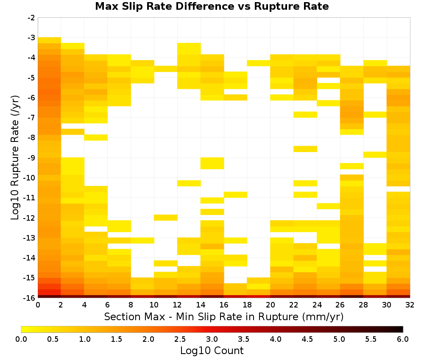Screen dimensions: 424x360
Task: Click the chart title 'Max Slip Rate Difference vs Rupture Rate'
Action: tap(212, 6)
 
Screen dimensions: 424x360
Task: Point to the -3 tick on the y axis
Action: tap(32, 38)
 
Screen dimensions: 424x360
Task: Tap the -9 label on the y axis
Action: tap(32, 158)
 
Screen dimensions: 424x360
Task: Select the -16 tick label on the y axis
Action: tap(30, 298)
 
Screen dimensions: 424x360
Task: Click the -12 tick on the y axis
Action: tap(30, 218)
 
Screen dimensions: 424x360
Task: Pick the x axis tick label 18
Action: tap(247, 305)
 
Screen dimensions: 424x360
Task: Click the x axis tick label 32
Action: tap(410, 305)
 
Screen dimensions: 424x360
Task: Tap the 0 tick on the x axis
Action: tap(38, 305)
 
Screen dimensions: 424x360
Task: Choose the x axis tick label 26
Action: tap(340, 305)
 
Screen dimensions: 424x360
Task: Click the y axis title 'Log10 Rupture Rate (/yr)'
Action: tap(15, 158)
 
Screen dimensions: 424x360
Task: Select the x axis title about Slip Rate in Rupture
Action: tap(224, 317)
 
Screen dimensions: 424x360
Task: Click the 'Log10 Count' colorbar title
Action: tap(212, 351)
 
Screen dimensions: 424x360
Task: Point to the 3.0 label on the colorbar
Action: tap(212, 339)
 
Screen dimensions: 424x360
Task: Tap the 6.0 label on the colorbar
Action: tap(403, 339)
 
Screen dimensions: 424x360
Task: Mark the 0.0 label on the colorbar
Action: tap(21, 339)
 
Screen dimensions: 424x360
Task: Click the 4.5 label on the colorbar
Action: tap(307, 339)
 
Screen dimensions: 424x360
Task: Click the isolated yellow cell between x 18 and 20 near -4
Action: tap(259, 63)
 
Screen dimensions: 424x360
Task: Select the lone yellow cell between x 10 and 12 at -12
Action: tap(165, 217)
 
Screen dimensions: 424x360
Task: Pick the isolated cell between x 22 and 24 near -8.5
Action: tap(305, 149)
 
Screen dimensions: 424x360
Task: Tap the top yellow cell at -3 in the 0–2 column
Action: tap(50, 40)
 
